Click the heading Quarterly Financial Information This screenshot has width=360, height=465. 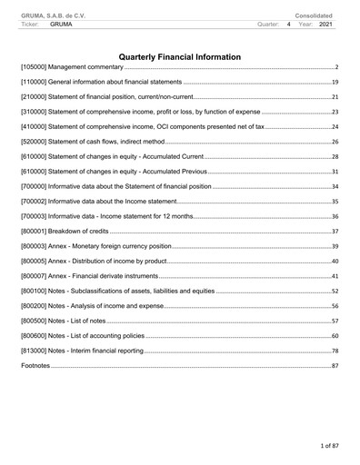click(x=180, y=57)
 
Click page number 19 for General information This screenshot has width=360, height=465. click(x=335, y=83)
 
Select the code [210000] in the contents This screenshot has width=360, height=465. click(x=35, y=97)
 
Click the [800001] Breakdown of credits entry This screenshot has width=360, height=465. click(x=64, y=232)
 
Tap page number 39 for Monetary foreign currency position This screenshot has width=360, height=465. click(x=335, y=247)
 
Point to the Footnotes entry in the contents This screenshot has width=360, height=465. click(x=35, y=365)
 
